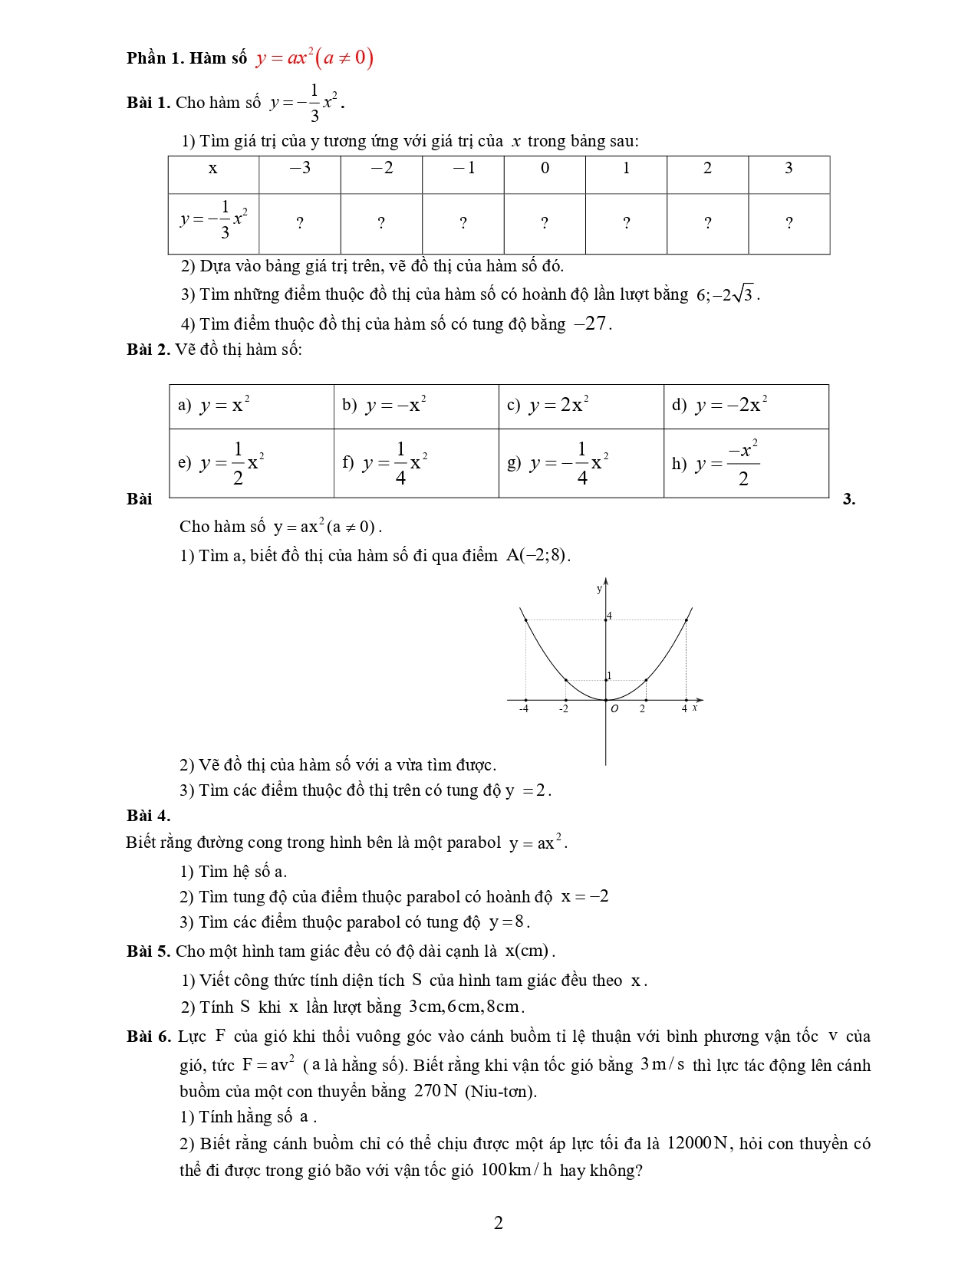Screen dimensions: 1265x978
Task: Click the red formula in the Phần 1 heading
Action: click(314, 58)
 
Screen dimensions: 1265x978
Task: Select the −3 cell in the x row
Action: click(300, 169)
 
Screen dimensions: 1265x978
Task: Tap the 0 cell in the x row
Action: click(545, 169)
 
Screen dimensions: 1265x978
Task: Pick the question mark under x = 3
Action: click(789, 224)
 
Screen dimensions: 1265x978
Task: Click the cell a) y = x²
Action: click(251, 406)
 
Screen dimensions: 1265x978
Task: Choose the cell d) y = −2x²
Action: click(746, 406)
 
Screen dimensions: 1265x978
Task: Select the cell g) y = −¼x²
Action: click(581, 463)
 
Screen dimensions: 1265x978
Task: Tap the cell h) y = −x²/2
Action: click(746, 463)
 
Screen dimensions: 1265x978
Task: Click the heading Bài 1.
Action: click(148, 103)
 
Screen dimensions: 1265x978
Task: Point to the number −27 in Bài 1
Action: click(591, 324)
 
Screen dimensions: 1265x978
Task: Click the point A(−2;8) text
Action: click(537, 555)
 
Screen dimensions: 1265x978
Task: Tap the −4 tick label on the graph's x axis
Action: click(523, 709)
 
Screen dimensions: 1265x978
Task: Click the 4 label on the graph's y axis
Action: click(610, 616)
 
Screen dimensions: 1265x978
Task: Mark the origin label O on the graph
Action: click(614, 709)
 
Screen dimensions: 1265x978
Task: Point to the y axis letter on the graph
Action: click(599, 589)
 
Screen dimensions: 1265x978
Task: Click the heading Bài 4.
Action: click(148, 816)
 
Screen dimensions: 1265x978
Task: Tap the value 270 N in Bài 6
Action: click(435, 1091)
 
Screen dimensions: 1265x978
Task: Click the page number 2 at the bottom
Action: click(498, 1223)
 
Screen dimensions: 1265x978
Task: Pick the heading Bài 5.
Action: click(148, 951)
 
